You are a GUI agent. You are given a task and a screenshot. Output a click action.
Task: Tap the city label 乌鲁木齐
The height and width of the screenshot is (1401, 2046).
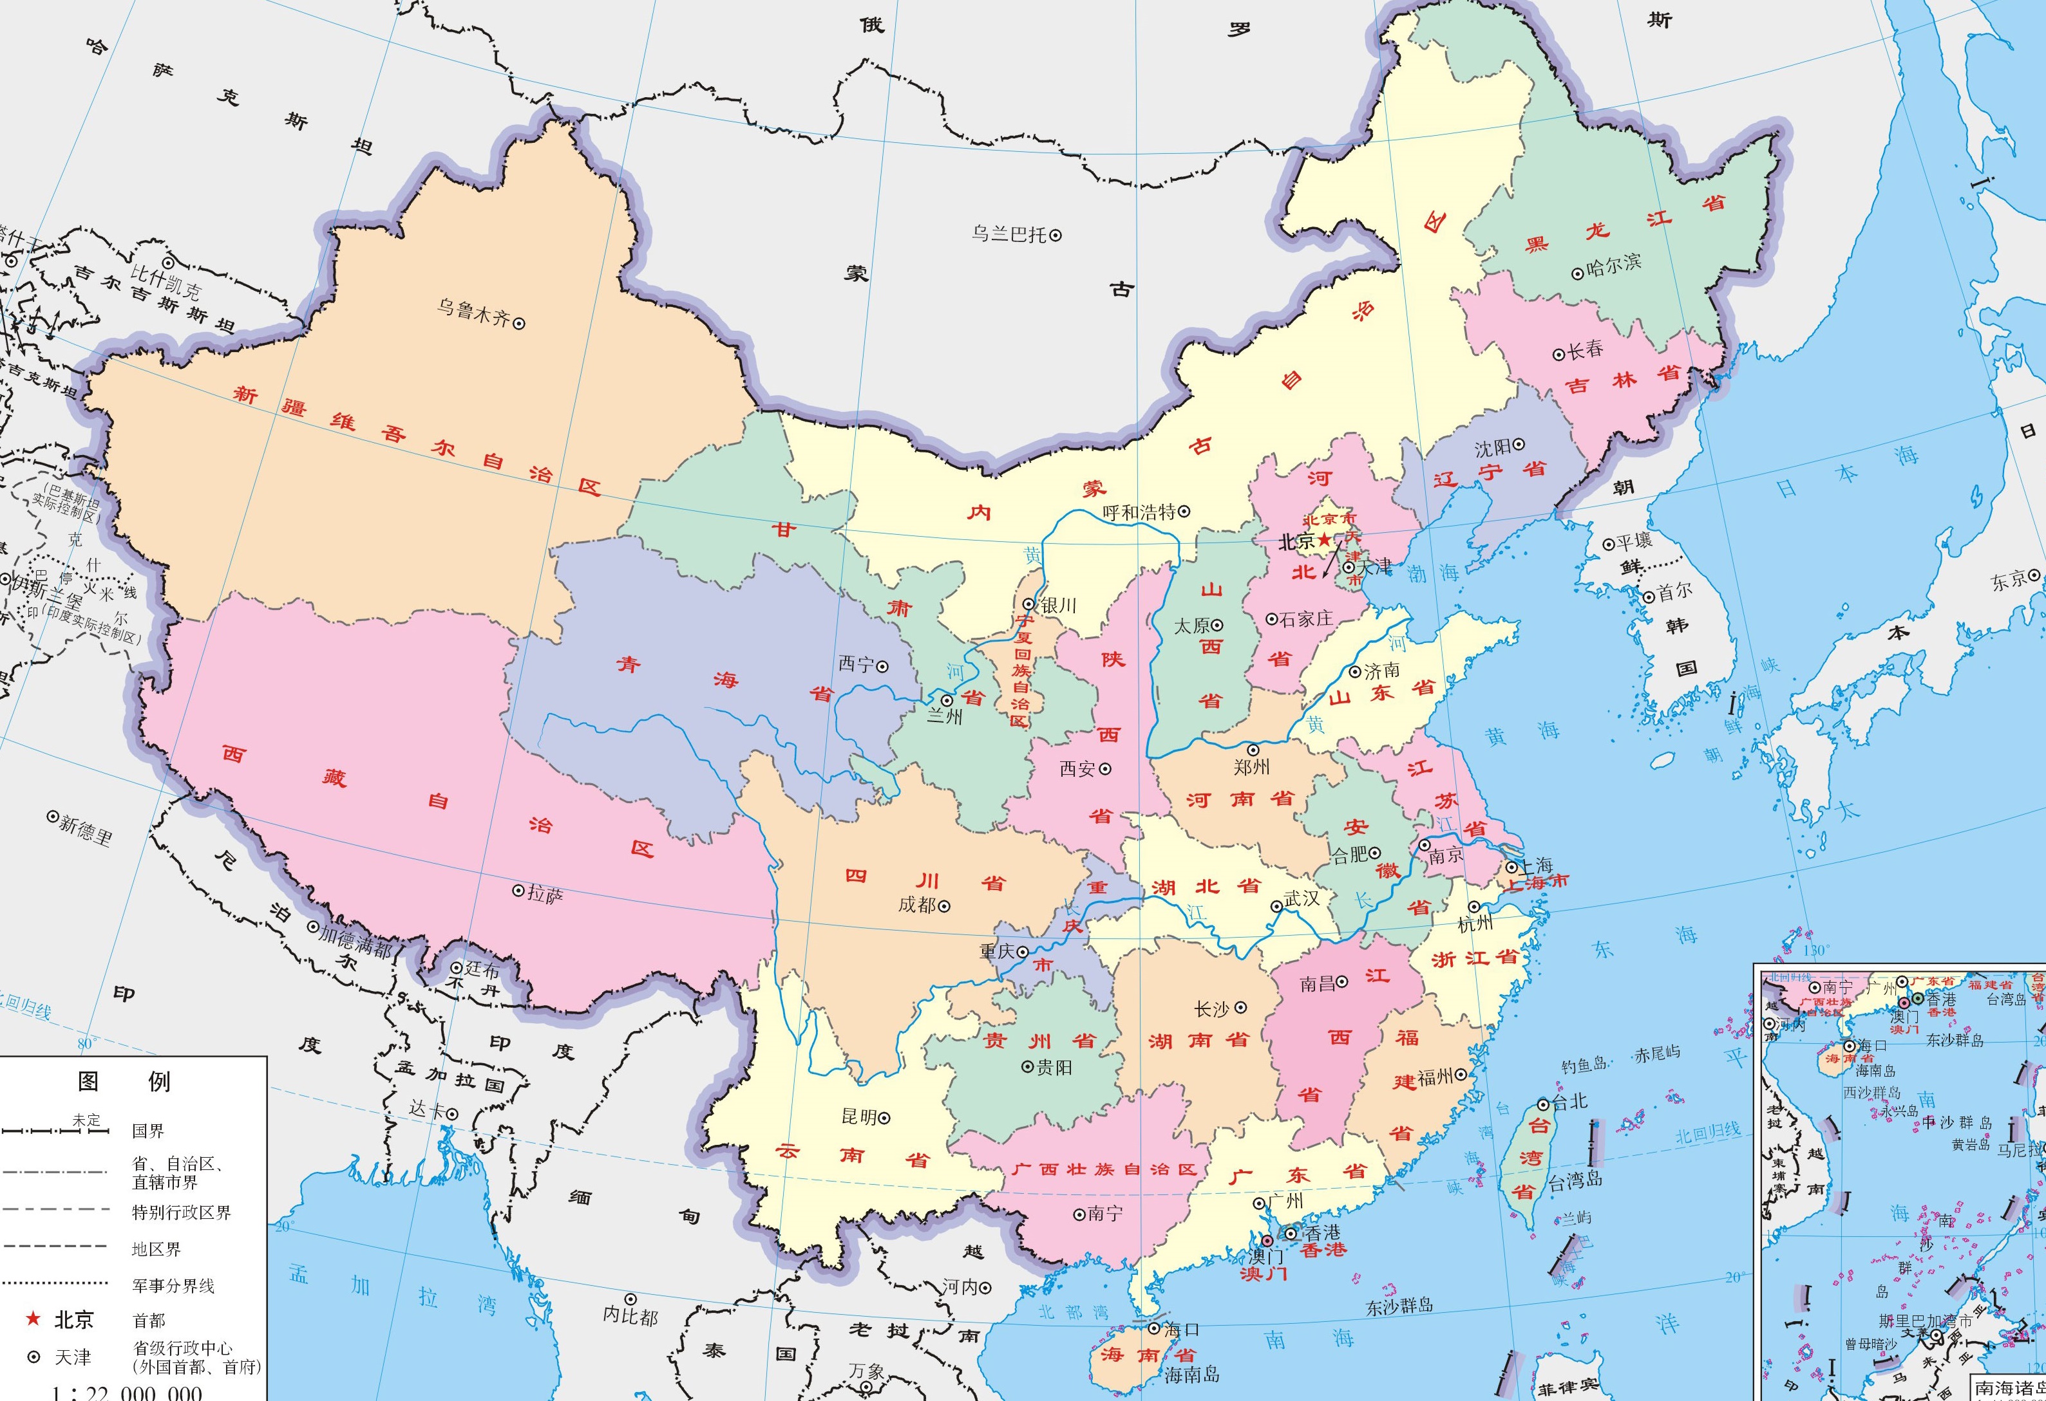(x=473, y=312)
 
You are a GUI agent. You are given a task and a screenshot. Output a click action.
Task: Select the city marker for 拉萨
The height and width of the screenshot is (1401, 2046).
(x=518, y=891)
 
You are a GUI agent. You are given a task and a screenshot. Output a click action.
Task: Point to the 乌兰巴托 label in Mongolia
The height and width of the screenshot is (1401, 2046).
(x=1009, y=234)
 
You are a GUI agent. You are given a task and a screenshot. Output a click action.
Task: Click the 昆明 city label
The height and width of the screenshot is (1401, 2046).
(x=858, y=1117)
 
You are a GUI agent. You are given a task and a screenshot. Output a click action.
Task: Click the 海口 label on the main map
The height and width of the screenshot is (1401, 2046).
(x=1182, y=1329)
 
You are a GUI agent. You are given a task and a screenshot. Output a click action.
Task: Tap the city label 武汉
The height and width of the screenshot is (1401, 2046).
(x=1303, y=898)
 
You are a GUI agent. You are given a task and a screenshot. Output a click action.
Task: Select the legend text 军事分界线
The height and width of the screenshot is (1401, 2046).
(x=173, y=1286)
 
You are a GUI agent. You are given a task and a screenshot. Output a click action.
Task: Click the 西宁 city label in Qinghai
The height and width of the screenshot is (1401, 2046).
(x=856, y=664)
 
